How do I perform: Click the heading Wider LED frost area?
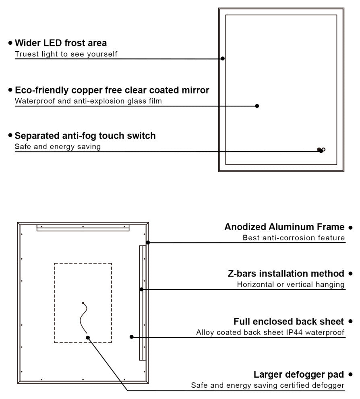click(60, 43)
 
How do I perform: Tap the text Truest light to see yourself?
click(66, 54)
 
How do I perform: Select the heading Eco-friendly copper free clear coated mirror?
click(112, 90)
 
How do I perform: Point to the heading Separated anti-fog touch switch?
click(85, 135)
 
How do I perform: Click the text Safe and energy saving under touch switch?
click(58, 147)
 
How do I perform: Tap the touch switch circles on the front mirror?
click(321, 150)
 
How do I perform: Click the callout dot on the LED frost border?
click(222, 58)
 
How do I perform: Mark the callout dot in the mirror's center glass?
click(257, 106)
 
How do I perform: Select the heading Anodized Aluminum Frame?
click(284, 227)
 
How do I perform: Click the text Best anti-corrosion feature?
click(294, 238)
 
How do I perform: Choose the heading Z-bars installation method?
click(286, 274)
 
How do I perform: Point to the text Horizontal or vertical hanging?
click(291, 285)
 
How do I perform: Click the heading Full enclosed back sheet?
click(289, 322)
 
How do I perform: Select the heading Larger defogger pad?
click(299, 374)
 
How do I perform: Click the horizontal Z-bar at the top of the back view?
click(83, 228)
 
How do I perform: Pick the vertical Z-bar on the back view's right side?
click(142, 302)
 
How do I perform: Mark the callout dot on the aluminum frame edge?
click(148, 242)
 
